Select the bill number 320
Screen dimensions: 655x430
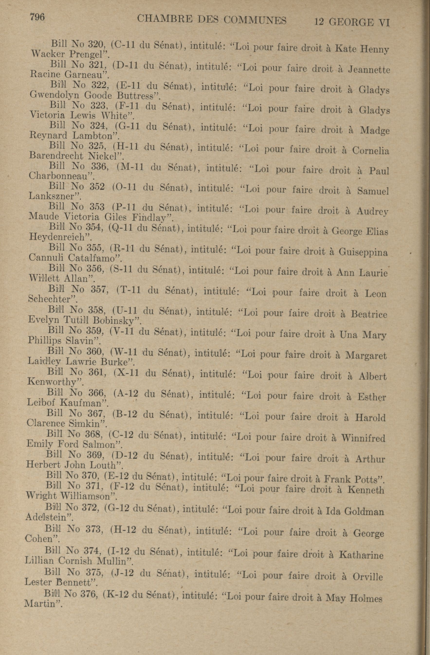pos(95,44)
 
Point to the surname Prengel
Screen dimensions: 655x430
pos(88,54)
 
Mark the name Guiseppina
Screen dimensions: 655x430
pos(363,252)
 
